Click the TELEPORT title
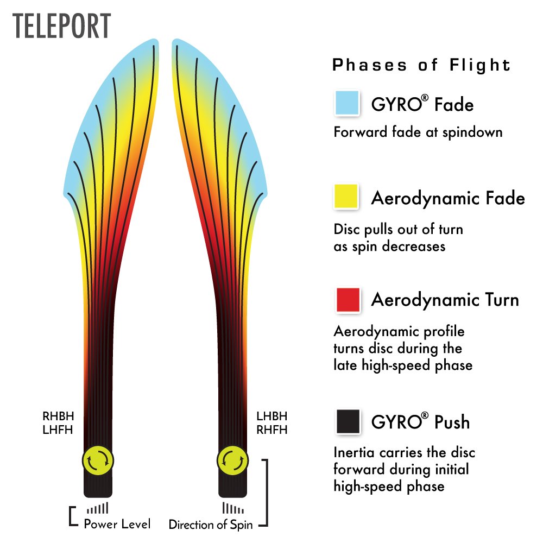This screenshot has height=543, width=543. [x=62, y=26]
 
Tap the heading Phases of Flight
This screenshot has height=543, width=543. [x=421, y=65]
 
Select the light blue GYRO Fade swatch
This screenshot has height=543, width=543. [x=347, y=102]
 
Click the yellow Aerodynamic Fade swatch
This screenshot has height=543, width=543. [x=346, y=197]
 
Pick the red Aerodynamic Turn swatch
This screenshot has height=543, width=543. [x=348, y=300]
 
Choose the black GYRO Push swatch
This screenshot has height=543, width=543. [x=348, y=421]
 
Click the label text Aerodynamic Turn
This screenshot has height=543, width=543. [x=445, y=300]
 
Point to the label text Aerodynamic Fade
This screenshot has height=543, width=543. [x=448, y=198]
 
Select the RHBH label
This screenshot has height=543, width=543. [x=58, y=415]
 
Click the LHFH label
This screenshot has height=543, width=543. [x=58, y=430]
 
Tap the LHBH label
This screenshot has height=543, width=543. [x=272, y=415]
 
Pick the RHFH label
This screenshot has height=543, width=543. [x=272, y=430]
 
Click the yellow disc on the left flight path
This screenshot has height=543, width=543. [x=98, y=460]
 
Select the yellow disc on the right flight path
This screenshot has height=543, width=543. [x=233, y=460]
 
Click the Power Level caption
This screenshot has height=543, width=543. [x=117, y=524]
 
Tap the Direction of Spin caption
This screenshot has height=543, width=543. [x=211, y=525]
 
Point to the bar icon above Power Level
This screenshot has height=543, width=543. [x=98, y=508]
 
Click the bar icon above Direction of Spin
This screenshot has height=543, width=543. [x=233, y=508]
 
